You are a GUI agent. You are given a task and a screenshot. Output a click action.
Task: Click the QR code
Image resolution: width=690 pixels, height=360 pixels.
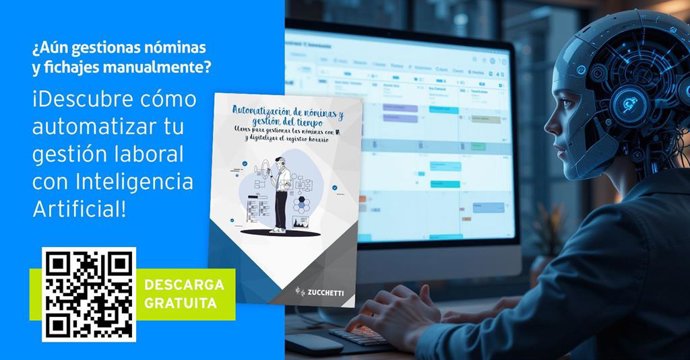(x=90, y=292)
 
